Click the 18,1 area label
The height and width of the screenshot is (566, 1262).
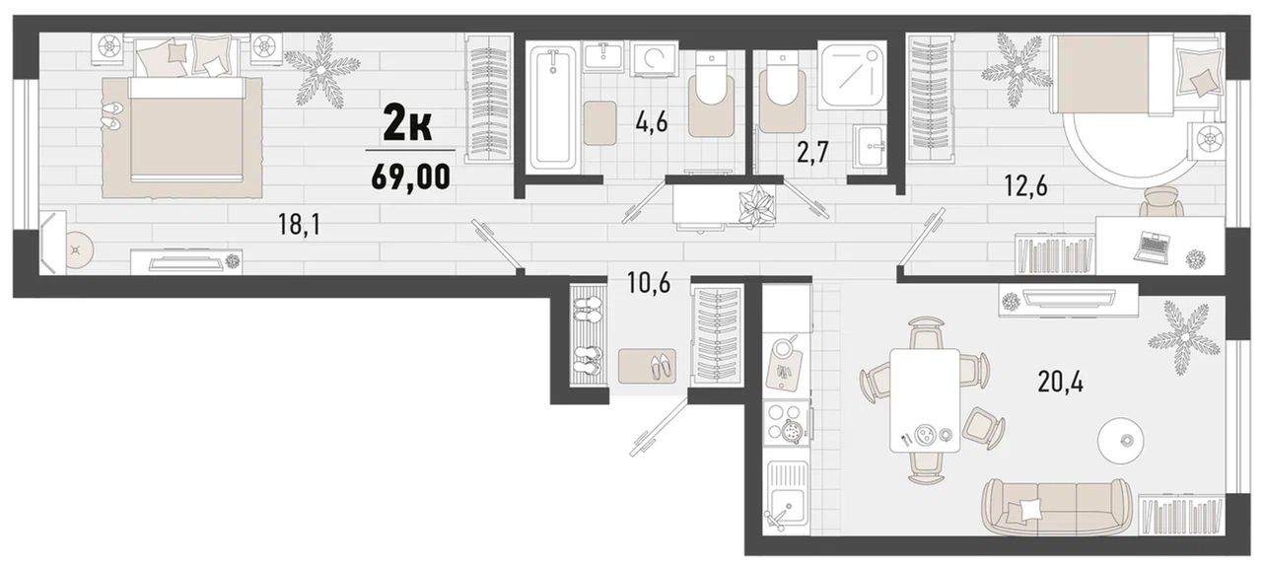[x=299, y=225]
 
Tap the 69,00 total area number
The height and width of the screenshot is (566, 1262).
[x=411, y=177]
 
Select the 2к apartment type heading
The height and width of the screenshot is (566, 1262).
[x=407, y=127]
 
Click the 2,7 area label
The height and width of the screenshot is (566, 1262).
[x=813, y=152]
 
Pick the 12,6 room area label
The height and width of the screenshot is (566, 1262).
[x=1026, y=185]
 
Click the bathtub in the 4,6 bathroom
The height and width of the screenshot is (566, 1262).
[x=553, y=107]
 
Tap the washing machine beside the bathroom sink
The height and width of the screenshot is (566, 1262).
[x=654, y=59]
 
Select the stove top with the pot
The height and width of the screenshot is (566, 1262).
[x=788, y=424]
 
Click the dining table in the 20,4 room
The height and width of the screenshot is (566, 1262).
[x=925, y=399]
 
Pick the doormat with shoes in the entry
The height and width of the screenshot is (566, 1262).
[x=647, y=366]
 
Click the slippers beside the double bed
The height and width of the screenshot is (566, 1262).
[x=110, y=115]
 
